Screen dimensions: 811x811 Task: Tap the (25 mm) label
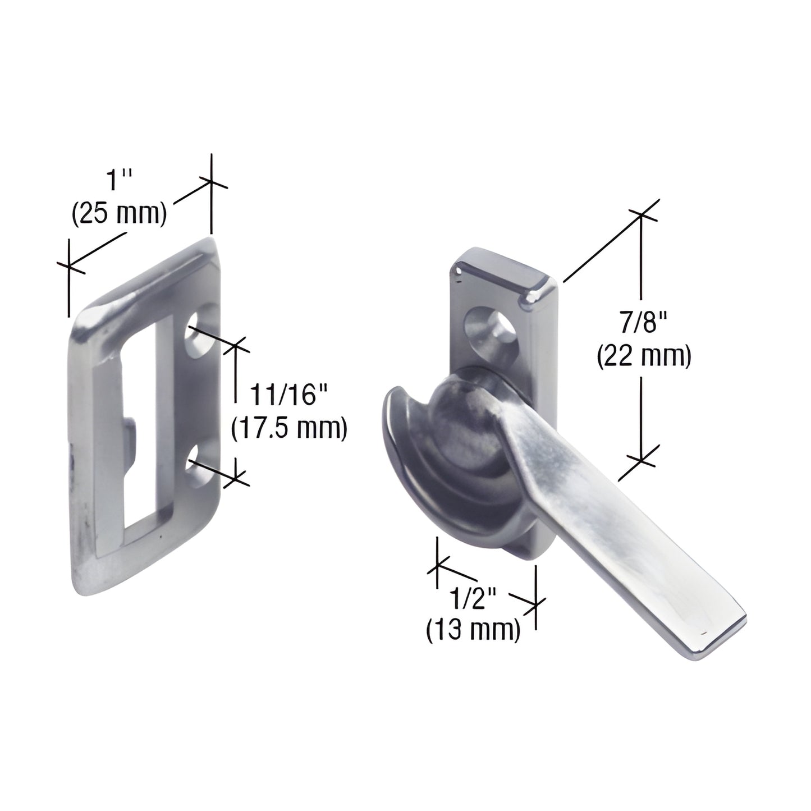119,214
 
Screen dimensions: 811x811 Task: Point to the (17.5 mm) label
290,428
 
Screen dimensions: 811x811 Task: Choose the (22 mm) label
643,356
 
